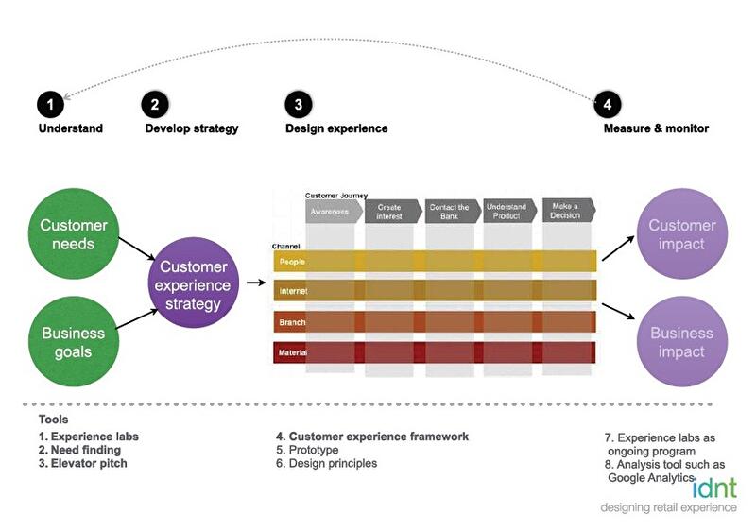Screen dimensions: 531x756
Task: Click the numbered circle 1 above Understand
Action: point(50,105)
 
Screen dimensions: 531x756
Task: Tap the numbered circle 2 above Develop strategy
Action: point(155,105)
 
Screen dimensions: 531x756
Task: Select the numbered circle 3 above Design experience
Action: point(298,105)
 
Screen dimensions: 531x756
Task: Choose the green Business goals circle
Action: point(74,343)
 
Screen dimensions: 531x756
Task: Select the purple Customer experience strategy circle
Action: point(194,285)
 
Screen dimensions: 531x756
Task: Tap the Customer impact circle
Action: point(682,235)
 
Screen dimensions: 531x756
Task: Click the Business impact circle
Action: point(682,342)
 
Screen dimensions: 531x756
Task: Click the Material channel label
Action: point(293,353)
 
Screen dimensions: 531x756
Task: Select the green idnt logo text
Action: point(715,488)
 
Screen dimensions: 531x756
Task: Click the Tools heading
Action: point(53,420)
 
